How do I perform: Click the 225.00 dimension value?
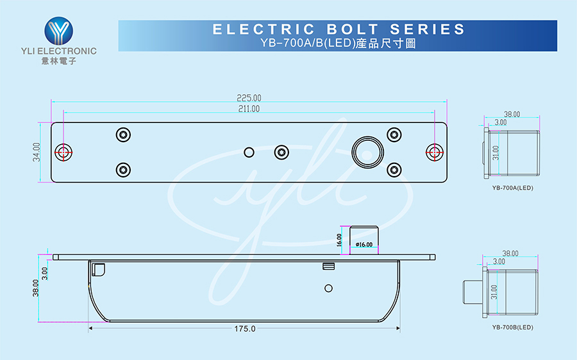coord(249,98)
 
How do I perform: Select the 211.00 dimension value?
coord(249,109)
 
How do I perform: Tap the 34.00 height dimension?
coord(36,152)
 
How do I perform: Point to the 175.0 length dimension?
coord(245,329)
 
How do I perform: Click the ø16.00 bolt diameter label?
coord(364,245)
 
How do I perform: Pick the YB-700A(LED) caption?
coord(513,188)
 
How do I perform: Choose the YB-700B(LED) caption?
coord(513,327)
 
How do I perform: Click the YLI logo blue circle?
coord(59,31)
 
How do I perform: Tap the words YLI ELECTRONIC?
coord(59,51)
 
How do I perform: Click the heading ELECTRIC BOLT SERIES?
coord(339,29)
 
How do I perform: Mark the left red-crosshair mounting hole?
coord(63,152)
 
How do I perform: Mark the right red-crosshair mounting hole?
coord(435,152)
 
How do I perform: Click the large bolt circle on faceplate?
coord(367,152)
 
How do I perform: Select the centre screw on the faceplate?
coord(281,152)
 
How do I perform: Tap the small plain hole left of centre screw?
coord(249,152)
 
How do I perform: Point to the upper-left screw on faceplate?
coord(123,135)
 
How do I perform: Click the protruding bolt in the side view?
coord(364,240)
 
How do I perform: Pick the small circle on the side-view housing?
coord(329,288)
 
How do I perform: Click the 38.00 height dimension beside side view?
coord(36,288)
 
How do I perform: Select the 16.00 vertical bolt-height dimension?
coord(339,240)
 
